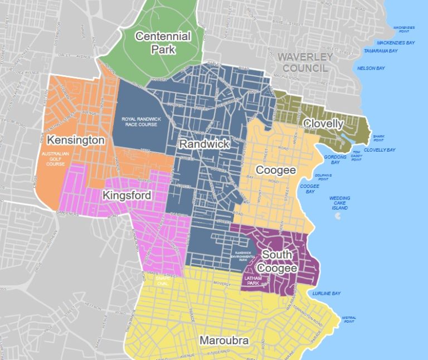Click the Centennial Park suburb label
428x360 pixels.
tap(163, 43)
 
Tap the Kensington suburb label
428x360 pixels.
tap(76, 140)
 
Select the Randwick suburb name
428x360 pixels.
tap(204, 144)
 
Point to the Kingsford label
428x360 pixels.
tap(126, 196)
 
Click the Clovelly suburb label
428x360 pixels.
tap(323, 124)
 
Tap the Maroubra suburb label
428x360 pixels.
tap(225, 340)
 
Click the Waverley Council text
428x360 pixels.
tap(305, 62)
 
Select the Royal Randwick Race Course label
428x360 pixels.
tap(139, 121)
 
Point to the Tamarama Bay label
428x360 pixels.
tap(381, 51)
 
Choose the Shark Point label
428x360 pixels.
tap(379, 138)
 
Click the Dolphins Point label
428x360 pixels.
tap(323, 177)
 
